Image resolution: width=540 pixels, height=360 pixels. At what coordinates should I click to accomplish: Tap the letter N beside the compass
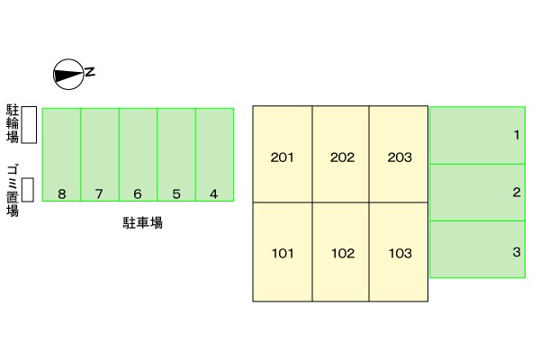tap(90, 72)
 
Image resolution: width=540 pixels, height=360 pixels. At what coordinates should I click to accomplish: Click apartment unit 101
tap(283, 252)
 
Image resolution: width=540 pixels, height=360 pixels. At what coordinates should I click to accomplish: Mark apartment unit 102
tap(342, 252)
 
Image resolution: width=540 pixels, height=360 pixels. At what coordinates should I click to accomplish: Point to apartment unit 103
tap(399, 252)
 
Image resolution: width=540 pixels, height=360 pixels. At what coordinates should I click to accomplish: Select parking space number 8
tap(61, 155)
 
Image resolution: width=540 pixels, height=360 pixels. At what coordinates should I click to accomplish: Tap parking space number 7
tap(100, 155)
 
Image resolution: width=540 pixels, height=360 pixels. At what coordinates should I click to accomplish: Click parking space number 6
tap(138, 155)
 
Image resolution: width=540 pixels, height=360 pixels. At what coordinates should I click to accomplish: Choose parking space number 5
tap(176, 155)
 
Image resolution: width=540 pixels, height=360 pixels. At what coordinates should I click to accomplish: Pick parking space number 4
tap(214, 155)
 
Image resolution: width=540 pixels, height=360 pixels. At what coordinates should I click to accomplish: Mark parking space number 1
tap(477, 136)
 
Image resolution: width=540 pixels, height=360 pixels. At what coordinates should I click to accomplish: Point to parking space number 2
tap(477, 192)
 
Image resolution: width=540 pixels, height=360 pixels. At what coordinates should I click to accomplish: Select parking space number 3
tap(477, 249)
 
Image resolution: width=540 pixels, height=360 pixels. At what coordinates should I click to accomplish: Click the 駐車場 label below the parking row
tap(143, 222)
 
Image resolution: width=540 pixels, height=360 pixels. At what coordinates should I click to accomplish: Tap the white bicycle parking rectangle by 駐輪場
tap(30, 124)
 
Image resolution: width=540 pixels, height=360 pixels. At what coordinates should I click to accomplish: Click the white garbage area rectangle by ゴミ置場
tap(28, 189)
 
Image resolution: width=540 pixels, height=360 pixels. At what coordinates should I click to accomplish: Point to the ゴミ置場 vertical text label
tap(13, 191)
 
